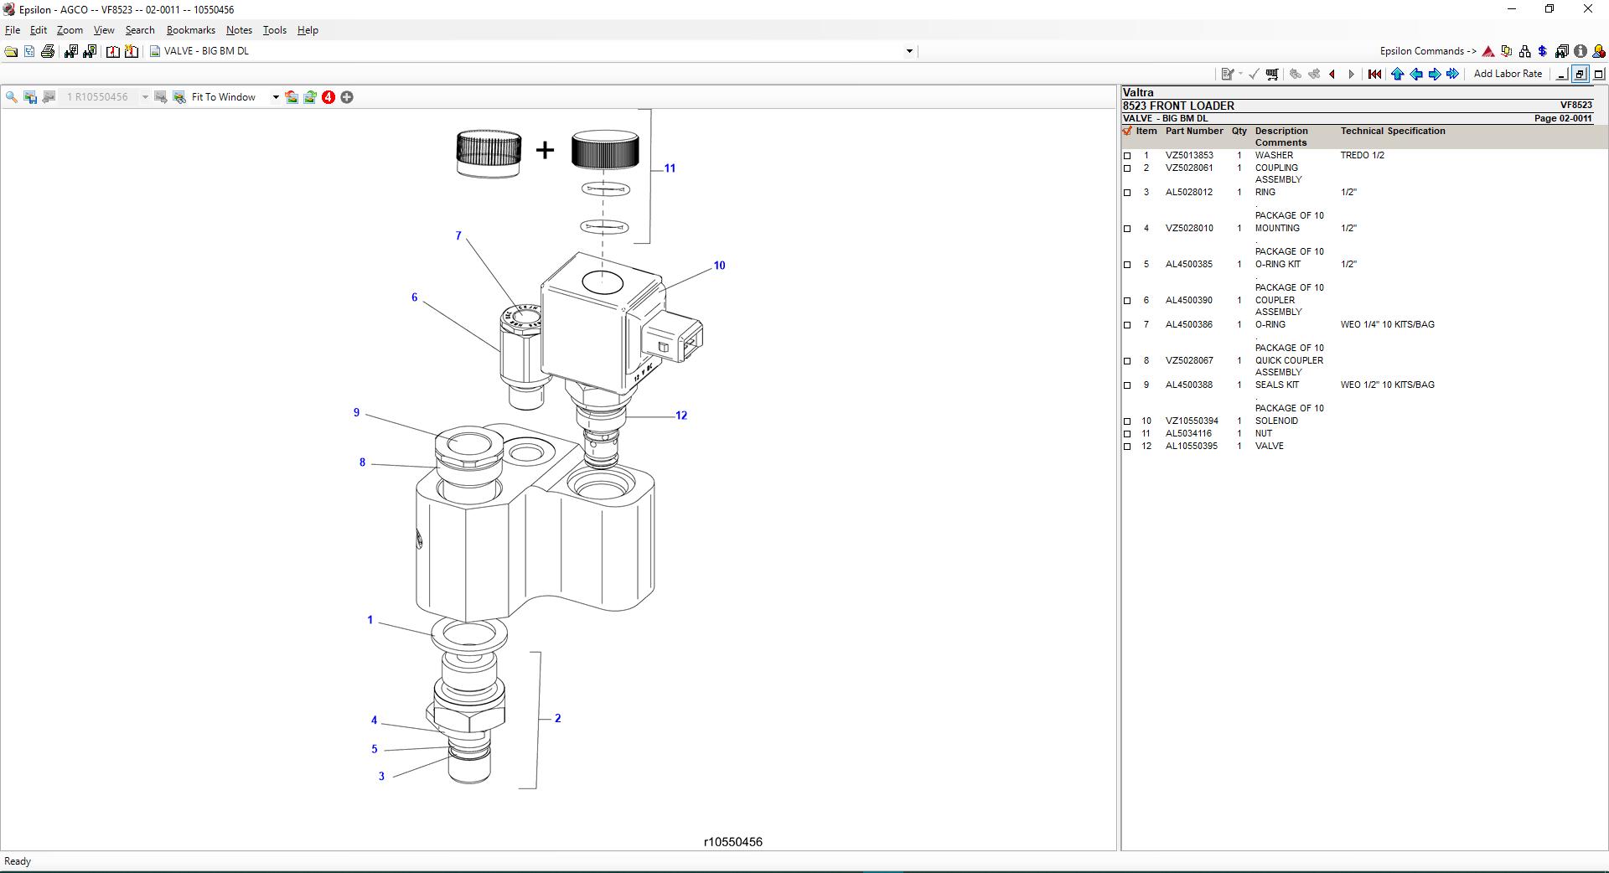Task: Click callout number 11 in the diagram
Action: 670,168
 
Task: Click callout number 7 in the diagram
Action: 458,236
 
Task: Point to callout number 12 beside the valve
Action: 681,416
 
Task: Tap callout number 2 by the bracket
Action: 557,719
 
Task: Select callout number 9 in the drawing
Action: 356,413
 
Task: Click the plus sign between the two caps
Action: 545,151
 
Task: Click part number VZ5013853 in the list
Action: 1189,156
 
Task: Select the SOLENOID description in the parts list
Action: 1276,421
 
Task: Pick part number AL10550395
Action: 1192,447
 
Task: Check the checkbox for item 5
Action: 1127,265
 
